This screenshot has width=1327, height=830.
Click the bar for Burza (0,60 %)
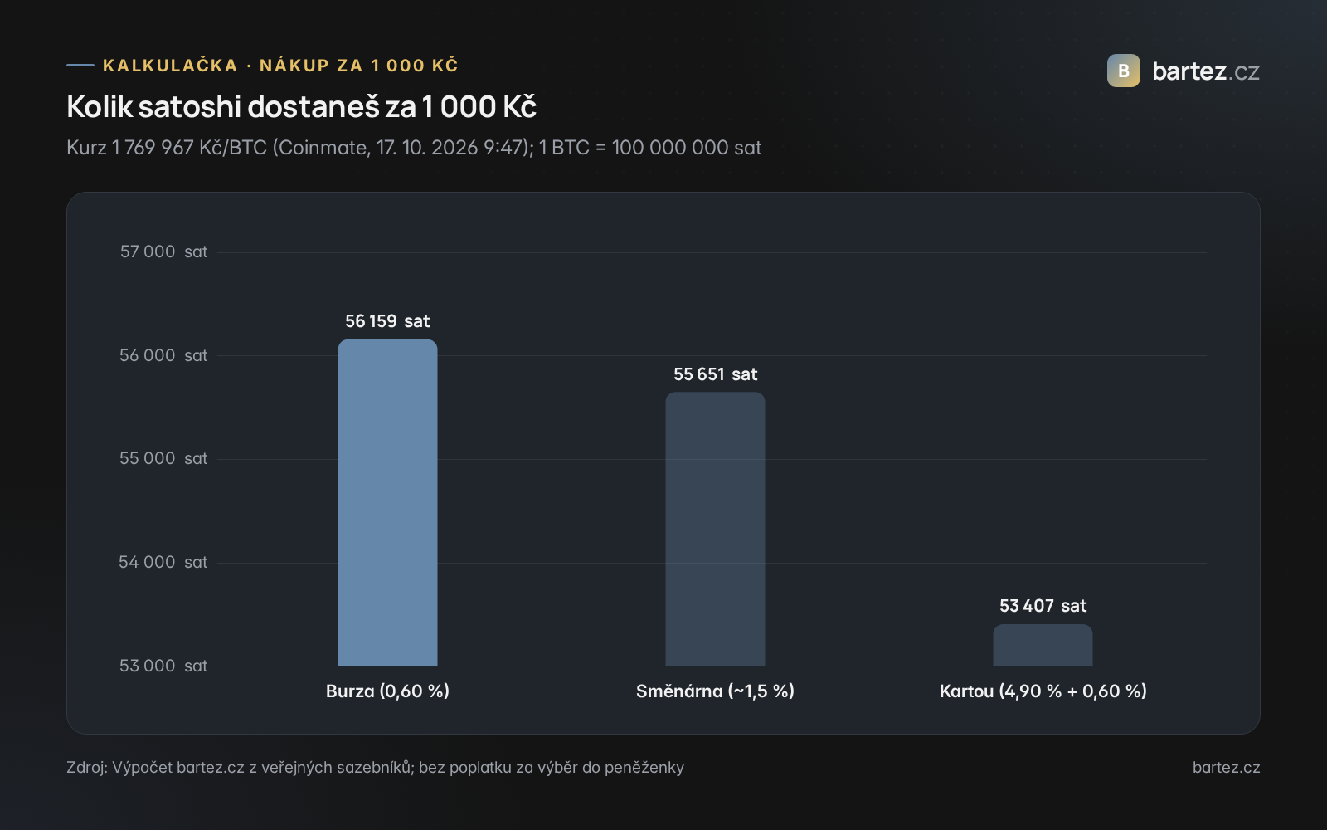click(387, 503)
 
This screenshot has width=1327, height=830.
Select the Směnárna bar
click(715, 529)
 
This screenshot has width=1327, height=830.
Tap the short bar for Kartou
click(1043, 645)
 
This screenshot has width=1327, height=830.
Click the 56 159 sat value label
click(387, 321)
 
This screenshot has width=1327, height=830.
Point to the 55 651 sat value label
click(715, 374)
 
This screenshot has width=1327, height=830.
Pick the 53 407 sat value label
click(1043, 606)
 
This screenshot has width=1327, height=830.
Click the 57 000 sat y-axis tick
click(163, 252)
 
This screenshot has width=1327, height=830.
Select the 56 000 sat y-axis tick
click(163, 356)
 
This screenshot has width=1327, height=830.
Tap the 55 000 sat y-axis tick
click(163, 459)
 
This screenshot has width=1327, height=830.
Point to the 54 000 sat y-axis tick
click(163, 563)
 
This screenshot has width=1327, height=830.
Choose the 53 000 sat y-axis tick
click(163, 666)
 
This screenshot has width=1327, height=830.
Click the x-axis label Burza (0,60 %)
click(387, 691)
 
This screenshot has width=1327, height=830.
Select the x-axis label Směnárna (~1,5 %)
click(715, 691)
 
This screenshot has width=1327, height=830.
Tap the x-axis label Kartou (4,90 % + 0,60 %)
click(1043, 691)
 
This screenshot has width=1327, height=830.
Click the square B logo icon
click(1123, 71)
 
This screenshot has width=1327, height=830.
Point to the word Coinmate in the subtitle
click(321, 148)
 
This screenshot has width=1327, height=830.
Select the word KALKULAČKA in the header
click(170, 65)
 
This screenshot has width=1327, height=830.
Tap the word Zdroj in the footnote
click(86, 768)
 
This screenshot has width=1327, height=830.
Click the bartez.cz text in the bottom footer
click(1226, 768)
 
